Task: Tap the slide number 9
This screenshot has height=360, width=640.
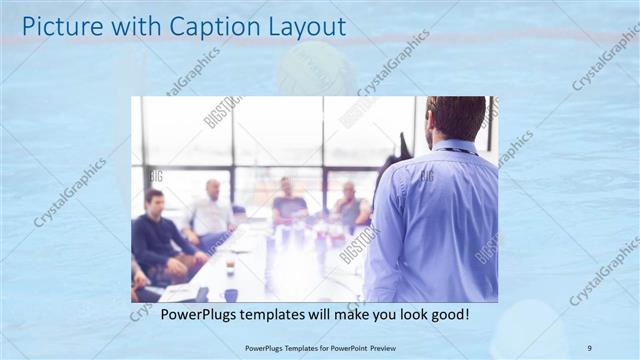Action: [589, 348]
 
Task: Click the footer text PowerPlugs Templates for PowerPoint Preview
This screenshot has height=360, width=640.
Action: [320, 348]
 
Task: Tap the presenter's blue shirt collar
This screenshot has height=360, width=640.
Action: [456, 147]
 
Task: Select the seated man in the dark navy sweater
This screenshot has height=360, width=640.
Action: [158, 238]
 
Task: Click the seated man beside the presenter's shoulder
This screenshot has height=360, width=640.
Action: [349, 208]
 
